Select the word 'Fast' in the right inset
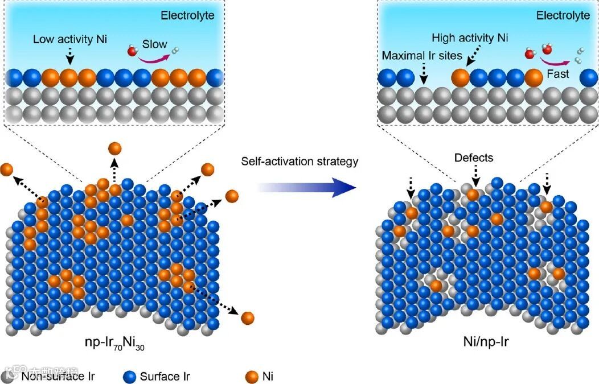[x=558, y=74]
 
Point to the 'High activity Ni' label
[x=470, y=38]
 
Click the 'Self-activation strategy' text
[x=299, y=162]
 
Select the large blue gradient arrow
[x=302, y=186]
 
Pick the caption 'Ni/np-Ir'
[x=485, y=343]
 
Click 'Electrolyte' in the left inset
[x=187, y=15]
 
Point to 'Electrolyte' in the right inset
[x=563, y=15]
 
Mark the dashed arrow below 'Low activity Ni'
[x=69, y=55]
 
